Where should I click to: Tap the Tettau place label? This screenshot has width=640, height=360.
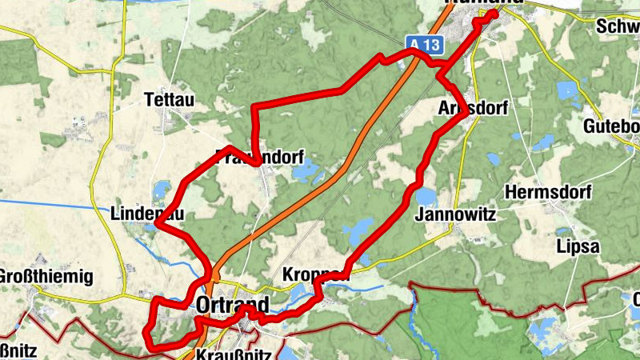tap(169, 100)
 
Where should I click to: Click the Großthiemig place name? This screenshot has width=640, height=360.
tap(47, 277)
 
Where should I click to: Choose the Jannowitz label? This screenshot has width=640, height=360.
tap(456, 214)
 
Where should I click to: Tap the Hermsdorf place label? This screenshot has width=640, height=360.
tap(547, 193)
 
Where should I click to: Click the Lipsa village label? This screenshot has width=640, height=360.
tap(578, 246)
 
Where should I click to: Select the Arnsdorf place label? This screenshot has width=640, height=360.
tap(474, 108)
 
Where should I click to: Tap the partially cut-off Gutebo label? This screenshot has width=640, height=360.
tap(611, 126)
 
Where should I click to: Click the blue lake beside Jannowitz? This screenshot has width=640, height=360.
tap(425, 196)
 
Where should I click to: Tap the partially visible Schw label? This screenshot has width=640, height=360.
tap(618, 26)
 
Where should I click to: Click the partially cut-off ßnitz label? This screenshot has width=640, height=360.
tap(18, 351)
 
